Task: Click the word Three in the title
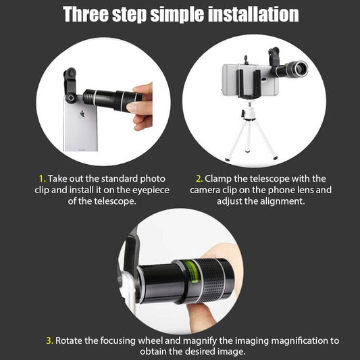click(x=86, y=14)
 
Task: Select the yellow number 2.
click(x=199, y=178)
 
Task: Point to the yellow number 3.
click(x=49, y=340)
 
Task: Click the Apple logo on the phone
click(x=82, y=113)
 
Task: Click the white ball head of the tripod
click(x=248, y=113)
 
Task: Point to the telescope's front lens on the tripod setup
click(x=301, y=68)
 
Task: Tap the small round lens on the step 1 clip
click(x=71, y=98)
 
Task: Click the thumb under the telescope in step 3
click(x=202, y=317)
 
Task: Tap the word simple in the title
click(x=177, y=15)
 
